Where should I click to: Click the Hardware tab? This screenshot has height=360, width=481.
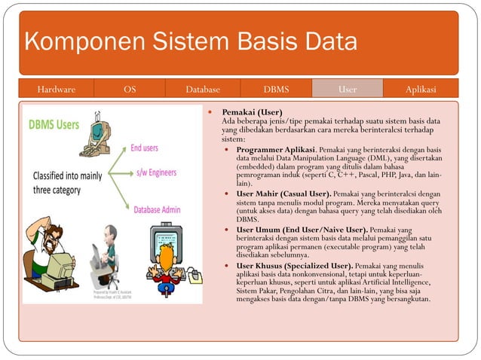pyautogui.click(x=57, y=90)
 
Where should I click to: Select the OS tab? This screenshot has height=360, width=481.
pyautogui.click(x=130, y=90)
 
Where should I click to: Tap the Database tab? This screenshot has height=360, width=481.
pyautogui.click(x=203, y=90)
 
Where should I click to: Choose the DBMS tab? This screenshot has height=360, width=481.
pyautogui.click(x=276, y=90)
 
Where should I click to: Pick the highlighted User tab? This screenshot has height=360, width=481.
pyautogui.click(x=348, y=90)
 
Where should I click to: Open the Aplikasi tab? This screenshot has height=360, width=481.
pyautogui.click(x=421, y=90)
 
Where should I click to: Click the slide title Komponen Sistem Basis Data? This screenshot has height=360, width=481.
pyautogui.click(x=190, y=43)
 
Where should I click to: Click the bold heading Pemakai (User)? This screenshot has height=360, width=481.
pyautogui.click(x=252, y=112)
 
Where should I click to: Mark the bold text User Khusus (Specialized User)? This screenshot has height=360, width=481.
pyautogui.click(x=294, y=266)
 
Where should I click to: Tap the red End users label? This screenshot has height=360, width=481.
pyautogui.click(x=144, y=148)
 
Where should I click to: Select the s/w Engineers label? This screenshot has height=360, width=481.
pyautogui.click(x=156, y=172)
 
